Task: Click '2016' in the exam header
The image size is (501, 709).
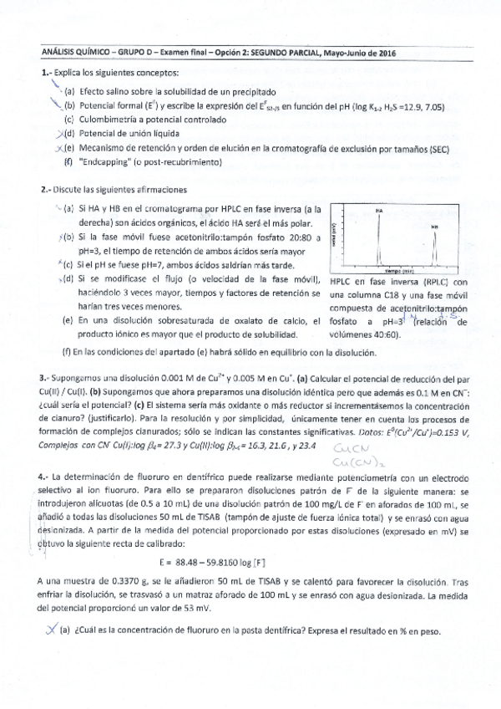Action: click(383, 53)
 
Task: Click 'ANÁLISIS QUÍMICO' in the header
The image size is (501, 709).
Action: click(70, 53)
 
